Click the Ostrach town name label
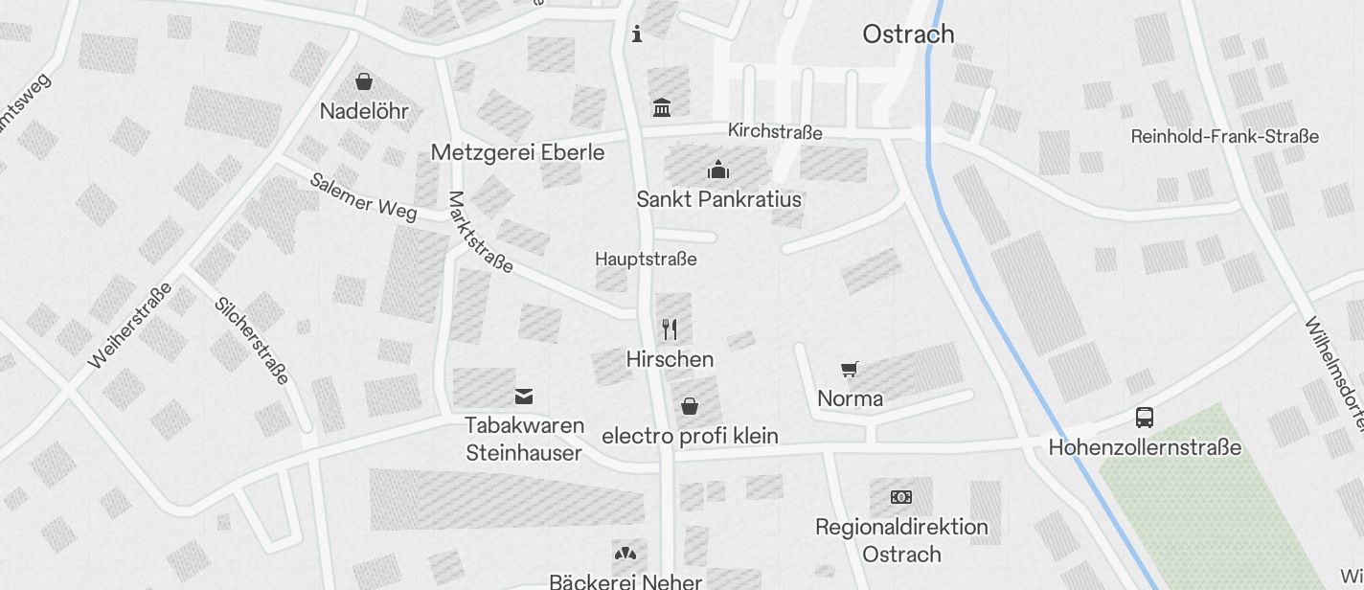click(x=908, y=34)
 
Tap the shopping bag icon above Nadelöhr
click(x=364, y=81)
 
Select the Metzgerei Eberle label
click(x=517, y=152)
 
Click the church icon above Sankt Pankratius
click(x=718, y=170)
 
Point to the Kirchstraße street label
click(x=775, y=131)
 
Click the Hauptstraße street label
click(x=646, y=260)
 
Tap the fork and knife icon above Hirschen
click(x=670, y=329)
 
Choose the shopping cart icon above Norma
click(x=850, y=369)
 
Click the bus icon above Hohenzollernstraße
click(x=1145, y=417)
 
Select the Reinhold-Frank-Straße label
click(x=1224, y=137)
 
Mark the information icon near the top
click(x=637, y=34)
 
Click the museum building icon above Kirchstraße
click(x=662, y=106)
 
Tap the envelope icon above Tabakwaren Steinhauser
click(x=524, y=396)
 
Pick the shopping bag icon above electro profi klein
click(x=690, y=407)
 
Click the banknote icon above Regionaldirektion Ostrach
click(x=901, y=497)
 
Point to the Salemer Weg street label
click(x=363, y=196)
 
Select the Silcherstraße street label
click(x=252, y=340)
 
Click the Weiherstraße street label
click(x=130, y=326)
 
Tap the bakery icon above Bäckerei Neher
click(x=625, y=554)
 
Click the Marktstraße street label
click(x=480, y=233)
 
